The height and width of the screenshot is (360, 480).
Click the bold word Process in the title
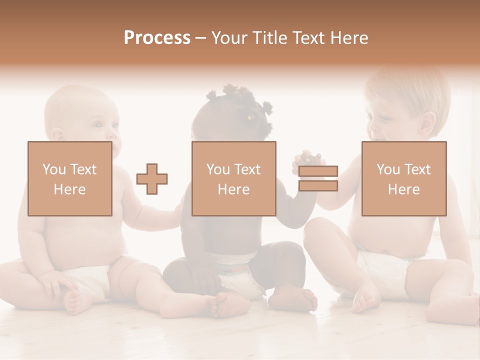coord(157,38)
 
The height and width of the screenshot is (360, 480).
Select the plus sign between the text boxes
coord(152,178)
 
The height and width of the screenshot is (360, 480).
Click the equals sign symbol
coord(318,178)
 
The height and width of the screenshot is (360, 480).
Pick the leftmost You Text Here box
coord(70,178)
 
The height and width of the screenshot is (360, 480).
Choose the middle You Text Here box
coord(234,178)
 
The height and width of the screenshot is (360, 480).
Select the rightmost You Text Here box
coord(404,178)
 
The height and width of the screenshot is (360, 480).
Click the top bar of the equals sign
coord(318,171)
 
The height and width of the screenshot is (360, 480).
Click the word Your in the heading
coord(229,38)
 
